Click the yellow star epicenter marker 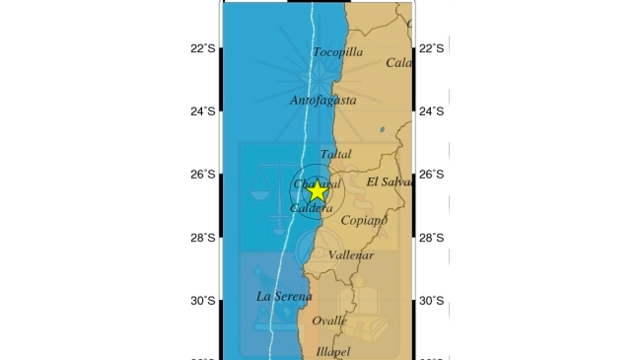tap(317, 192)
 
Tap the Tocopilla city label tap(337, 52)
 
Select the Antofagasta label tap(322, 101)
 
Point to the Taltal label tap(335, 155)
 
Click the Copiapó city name tap(363, 221)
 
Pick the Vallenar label tap(351, 255)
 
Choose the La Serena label tap(284, 296)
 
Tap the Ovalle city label tap(329, 321)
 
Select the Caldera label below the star tap(312, 209)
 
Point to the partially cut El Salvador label tap(388, 182)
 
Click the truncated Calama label tap(398, 63)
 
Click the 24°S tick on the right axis tap(432, 111)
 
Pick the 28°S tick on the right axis tap(432, 238)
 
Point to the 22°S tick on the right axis tap(432, 48)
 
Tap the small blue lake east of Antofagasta tap(382, 128)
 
